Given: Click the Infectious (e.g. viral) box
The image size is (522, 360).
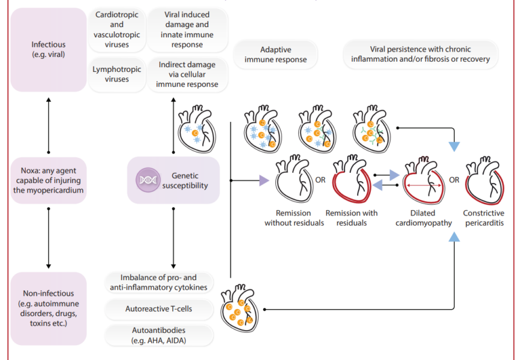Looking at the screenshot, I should (49, 50).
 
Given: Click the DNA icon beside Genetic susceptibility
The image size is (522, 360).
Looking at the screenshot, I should (147, 180).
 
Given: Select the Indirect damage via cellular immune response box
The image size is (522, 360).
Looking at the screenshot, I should (187, 74).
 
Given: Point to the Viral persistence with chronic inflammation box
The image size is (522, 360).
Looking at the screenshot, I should (421, 55).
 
